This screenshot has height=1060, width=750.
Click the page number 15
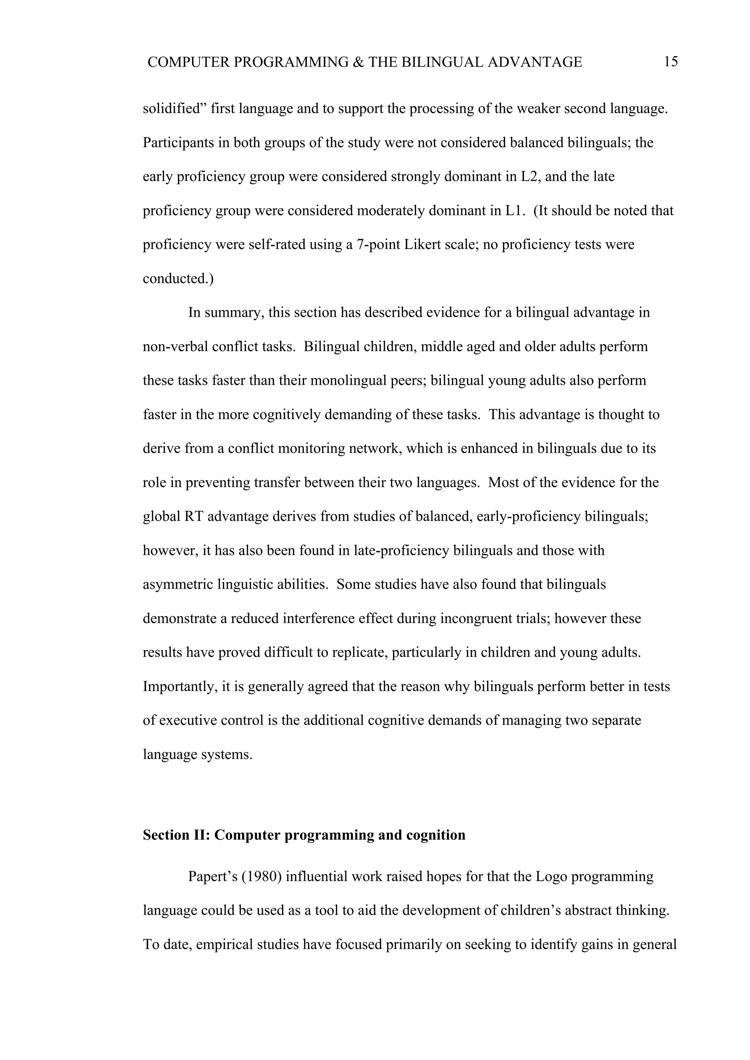671,62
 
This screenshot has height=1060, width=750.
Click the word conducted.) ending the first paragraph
178,279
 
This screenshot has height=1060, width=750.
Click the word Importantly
180,687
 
